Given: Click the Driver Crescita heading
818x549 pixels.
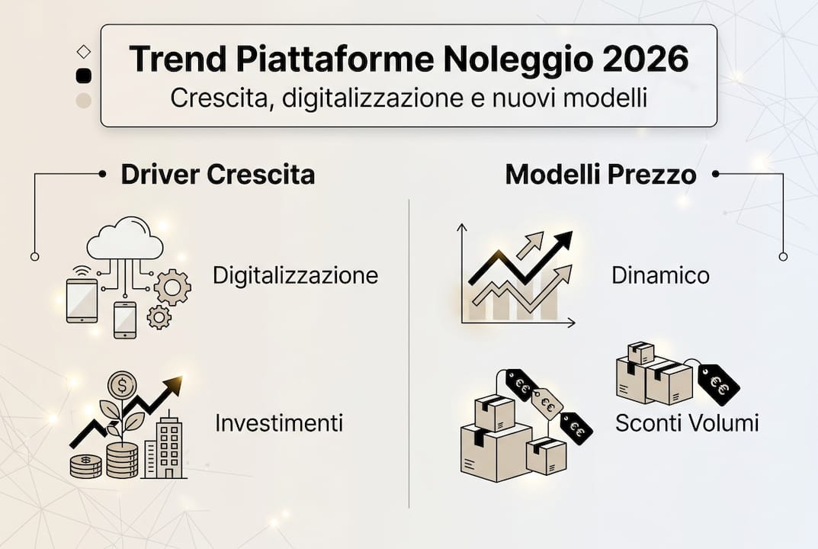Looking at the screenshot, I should [x=217, y=175].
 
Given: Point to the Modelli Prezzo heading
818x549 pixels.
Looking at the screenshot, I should [x=601, y=175].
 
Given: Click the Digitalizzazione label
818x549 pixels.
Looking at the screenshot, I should [x=295, y=274].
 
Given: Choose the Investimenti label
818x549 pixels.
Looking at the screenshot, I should [x=278, y=422].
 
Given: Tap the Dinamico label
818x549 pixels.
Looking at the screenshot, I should [x=660, y=274].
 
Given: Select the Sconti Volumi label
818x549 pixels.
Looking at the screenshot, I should [x=687, y=422].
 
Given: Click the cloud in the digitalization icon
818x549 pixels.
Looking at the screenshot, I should [x=125, y=241].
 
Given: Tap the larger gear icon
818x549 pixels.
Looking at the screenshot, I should [x=172, y=287].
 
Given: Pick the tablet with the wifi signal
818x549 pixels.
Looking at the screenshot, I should [x=82, y=300].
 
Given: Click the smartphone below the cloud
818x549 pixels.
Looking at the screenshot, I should [x=124, y=319].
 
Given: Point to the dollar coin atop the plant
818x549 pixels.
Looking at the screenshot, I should [x=122, y=385].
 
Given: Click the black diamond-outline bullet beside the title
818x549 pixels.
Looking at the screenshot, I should [x=84, y=51].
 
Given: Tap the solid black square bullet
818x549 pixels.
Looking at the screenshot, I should [x=84, y=75].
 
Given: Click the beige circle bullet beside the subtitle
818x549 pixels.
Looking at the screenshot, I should [x=84, y=101].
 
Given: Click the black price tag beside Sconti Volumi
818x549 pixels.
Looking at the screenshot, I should [x=718, y=384].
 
